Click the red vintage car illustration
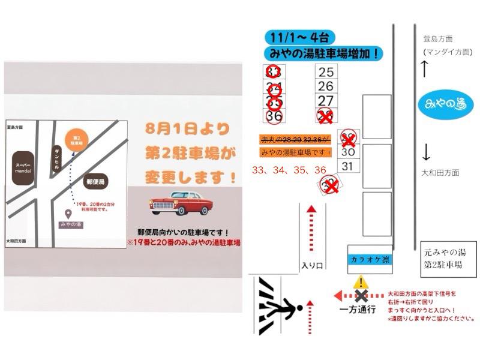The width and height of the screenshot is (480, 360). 180,203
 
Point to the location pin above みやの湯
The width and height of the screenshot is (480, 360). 70,214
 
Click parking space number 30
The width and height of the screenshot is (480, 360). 348,152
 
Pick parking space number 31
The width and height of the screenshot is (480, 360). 348,166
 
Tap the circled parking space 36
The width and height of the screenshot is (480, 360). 274,115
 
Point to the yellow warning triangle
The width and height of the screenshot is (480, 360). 361,282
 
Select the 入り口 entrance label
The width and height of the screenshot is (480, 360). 312,265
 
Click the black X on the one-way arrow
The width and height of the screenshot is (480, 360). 361,295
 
